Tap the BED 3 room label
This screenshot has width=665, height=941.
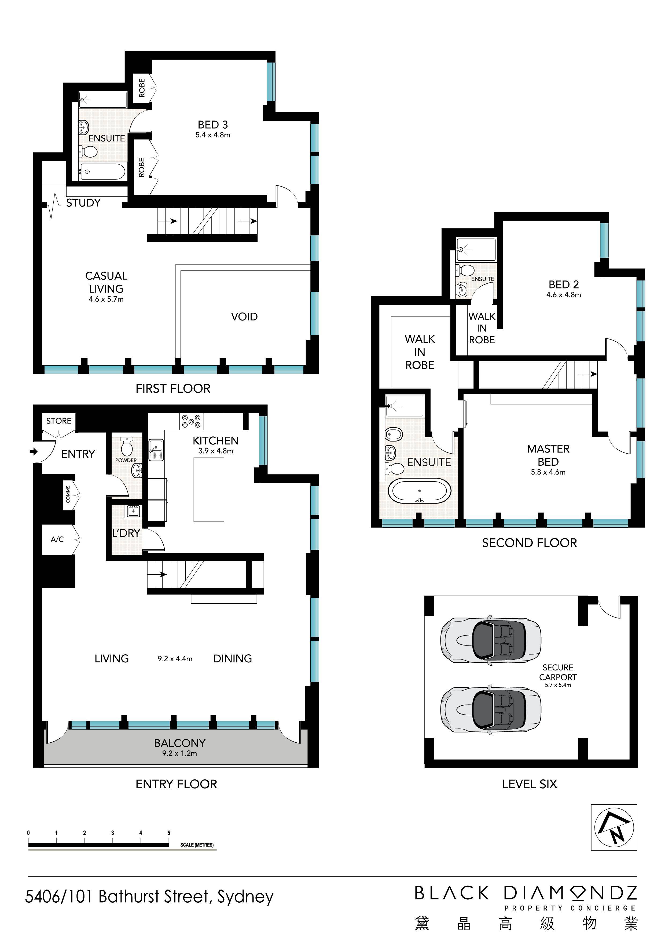pyautogui.click(x=213, y=125)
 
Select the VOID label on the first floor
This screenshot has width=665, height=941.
pyautogui.click(x=244, y=316)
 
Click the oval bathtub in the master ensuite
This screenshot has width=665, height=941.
pyautogui.click(x=420, y=491)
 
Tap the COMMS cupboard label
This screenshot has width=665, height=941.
pyautogui.click(x=68, y=494)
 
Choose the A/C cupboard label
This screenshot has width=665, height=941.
pyautogui.click(x=57, y=539)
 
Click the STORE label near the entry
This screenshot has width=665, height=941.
pyautogui.click(x=58, y=421)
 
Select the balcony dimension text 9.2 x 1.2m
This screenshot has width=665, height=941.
pyautogui.click(x=179, y=753)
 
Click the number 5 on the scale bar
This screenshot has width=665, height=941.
pyautogui.click(x=169, y=833)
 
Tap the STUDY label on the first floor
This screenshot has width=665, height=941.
pyautogui.click(x=83, y=202)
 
